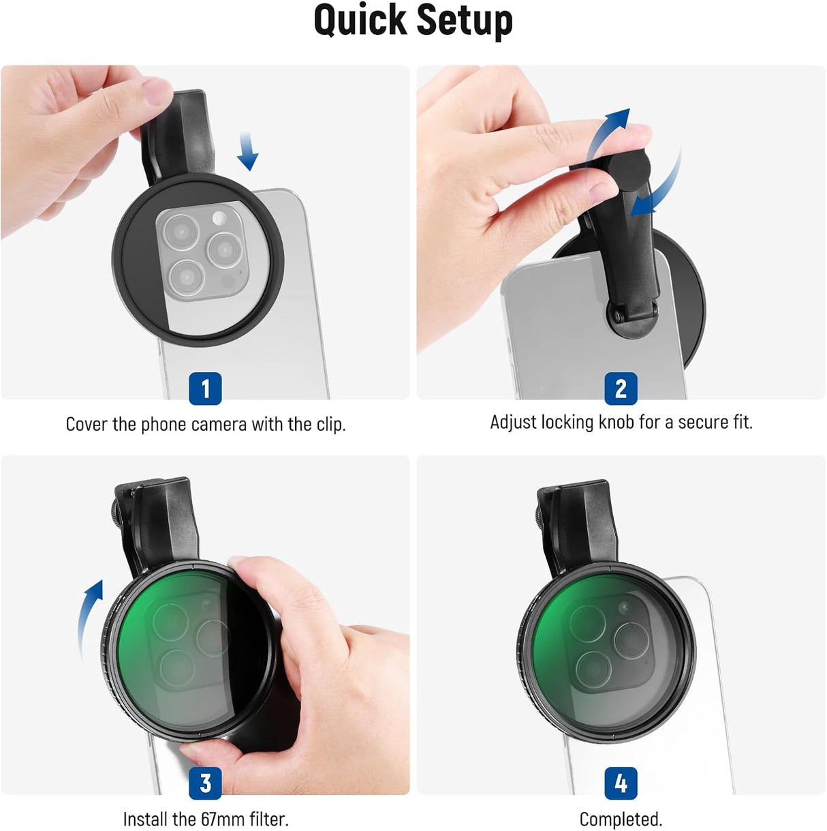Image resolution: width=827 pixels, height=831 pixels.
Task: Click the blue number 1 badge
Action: [205, 388]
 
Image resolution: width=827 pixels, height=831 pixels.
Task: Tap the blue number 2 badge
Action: [621, 388]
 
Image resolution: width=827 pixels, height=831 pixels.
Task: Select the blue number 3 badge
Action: [205, 783]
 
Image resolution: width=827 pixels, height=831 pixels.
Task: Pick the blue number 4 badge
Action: [621, 783]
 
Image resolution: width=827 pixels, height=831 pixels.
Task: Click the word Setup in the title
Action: [465, 22]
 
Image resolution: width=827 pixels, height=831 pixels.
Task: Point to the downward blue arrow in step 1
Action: [247, 151]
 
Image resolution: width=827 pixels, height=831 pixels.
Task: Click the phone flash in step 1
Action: [219, 217]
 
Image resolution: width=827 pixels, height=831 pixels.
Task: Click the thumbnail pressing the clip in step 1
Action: [157, 91]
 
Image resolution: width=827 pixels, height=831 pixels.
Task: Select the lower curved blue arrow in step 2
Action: [661, 185]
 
